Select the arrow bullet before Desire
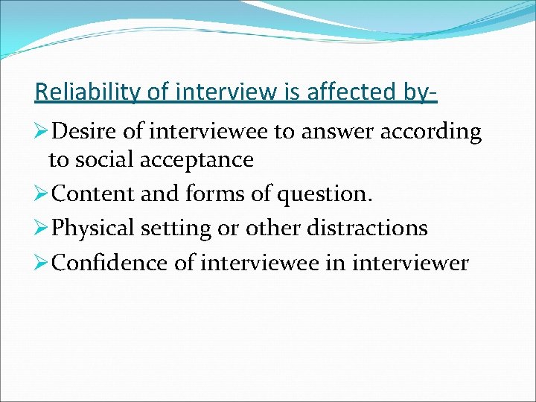[x=42, y=133]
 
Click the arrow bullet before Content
[x=42, y=195]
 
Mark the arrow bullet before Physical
[x=42, y=228]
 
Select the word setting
[x=178, y=229]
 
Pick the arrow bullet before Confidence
[x=42, y=262]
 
